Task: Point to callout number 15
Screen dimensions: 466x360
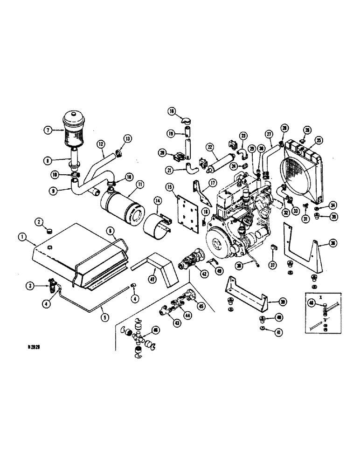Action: [169, 187]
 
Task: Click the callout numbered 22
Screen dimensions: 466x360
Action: [210, 147]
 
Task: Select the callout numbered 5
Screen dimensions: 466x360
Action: [105, 318]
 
